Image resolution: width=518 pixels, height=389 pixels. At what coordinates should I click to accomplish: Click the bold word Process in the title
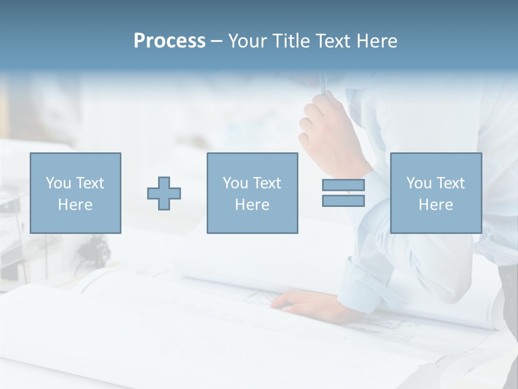(x=169, y=41)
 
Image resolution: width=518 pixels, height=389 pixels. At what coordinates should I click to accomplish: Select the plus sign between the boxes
(x=164, y=193)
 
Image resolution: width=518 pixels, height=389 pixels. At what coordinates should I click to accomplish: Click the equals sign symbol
(x=343, y=193)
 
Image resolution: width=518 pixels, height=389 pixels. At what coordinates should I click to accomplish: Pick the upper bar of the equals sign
(x=343, y=185)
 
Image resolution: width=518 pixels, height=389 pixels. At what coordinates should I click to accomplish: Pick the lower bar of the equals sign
(x=343, y=200)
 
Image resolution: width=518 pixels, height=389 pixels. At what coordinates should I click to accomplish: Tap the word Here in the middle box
(x=253, y=205)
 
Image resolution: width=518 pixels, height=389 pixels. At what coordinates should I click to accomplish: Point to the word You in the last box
(x=419, y=183)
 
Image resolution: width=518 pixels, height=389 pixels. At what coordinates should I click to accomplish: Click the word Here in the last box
(x=436, y=205)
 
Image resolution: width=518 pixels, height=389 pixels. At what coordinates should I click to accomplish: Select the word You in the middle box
(x=235, y=183)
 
